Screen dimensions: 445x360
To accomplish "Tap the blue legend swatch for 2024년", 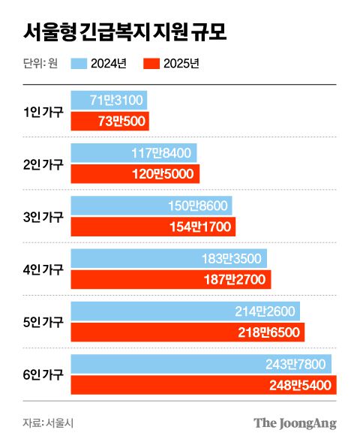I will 81,64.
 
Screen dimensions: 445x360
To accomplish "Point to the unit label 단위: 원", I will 41,64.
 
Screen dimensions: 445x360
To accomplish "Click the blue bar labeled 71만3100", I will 109,101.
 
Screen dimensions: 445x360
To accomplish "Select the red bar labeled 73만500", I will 110,122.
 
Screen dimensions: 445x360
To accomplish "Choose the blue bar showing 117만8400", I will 133,153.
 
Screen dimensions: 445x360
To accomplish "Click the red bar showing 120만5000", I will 135,174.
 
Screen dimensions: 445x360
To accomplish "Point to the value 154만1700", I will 200,227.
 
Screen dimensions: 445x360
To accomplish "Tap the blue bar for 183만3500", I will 169,258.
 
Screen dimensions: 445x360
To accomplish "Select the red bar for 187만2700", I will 170,279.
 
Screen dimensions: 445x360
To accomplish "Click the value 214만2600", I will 268,311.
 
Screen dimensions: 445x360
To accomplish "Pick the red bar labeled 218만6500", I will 187,332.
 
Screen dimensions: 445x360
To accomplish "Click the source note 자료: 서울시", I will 48,422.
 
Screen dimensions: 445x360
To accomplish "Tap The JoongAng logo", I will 294,422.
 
